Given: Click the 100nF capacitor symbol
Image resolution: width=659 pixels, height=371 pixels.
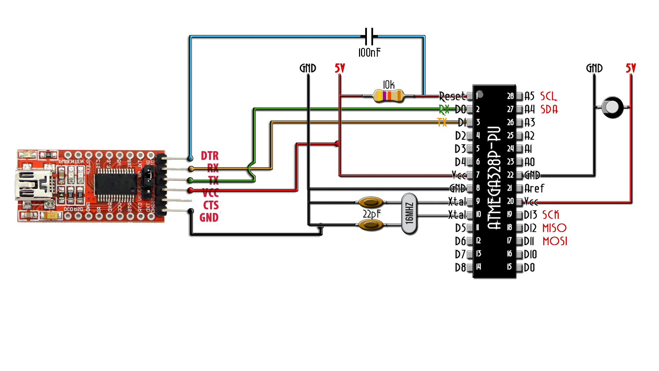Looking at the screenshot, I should tap(369, 36).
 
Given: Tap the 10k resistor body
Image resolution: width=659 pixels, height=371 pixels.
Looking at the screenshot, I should tap(388, 96).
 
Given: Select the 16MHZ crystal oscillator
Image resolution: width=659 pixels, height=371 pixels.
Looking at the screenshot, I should tap(409, 214).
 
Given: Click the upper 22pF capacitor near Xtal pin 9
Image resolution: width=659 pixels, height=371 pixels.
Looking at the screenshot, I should tap(371, 202).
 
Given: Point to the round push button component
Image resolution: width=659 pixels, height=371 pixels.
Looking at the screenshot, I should tap(612, 107).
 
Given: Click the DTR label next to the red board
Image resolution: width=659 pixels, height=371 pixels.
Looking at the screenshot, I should tap(210, 156).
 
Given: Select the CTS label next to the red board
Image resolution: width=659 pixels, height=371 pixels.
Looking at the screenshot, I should tap(211, 205).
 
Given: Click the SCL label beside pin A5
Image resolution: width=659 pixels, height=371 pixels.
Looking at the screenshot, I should tap(548, 96).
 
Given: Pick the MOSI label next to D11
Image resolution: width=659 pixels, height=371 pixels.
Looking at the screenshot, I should tap(555, 241).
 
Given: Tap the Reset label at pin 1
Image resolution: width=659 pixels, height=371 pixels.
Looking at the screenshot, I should tap(452, 96).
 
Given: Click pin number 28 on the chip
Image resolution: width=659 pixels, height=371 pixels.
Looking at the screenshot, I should tap(510, 96).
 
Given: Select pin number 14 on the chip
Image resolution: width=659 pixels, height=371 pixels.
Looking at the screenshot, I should tap(478, 267).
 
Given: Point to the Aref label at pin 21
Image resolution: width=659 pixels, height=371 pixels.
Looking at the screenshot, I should tap(534, 188).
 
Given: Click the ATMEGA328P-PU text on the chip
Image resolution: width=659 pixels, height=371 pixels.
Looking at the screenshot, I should tap(495, 179).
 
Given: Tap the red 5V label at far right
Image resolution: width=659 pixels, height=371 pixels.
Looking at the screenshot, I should tap(631, 68).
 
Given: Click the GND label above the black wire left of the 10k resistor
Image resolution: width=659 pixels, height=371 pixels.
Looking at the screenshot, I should tap(308, 68).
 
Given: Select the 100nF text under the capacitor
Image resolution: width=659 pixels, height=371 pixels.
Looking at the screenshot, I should tap(369, 53).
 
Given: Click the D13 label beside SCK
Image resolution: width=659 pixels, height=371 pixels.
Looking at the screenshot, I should tap(530, 215).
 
